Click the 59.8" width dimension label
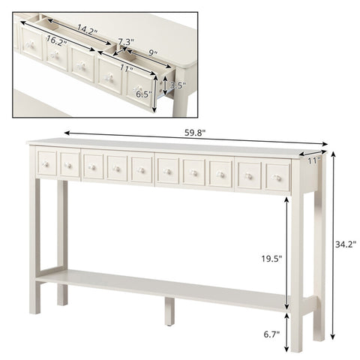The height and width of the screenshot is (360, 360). (x=195, y=132)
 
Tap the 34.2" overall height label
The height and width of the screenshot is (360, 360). (x=345, y=244)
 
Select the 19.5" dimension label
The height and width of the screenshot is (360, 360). (x=271, y=259)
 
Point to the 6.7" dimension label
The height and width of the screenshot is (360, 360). (x=271, y=334)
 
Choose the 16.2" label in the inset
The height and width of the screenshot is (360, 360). (x=56, y=40)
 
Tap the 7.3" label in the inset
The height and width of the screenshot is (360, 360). (x=126, y=40)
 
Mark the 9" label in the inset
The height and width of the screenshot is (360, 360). (x=153, y=52)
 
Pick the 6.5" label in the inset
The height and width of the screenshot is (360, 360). (x=144, y=94)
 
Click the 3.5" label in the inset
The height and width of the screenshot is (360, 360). (x=178, y=85)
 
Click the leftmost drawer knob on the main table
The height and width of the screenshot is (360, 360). (x=46, y=164)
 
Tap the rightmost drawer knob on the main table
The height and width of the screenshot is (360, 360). (x=276, y=178)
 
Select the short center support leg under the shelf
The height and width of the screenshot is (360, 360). (x=169, y=311)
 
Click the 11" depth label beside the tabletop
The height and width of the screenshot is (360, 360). (x=314, y=160)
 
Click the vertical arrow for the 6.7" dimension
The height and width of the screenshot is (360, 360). (x=286, y=332)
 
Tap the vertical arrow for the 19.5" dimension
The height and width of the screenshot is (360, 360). (x=286, y=253)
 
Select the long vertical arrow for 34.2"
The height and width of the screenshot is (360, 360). (x=333, y=245)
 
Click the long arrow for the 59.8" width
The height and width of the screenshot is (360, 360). (x=196, y=138)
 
